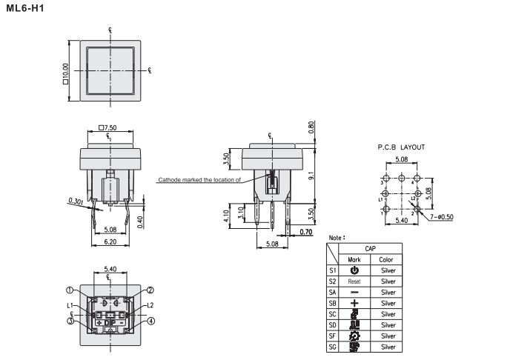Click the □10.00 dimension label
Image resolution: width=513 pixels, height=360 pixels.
coord(64,72)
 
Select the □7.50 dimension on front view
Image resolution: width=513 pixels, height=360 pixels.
coord(107,127)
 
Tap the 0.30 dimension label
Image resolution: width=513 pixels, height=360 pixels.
coord(75,201)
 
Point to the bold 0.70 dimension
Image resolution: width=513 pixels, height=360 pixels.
coord(306,233)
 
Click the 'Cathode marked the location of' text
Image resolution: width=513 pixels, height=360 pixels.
coord(199,180)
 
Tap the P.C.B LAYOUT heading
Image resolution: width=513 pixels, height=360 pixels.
coord(401,147)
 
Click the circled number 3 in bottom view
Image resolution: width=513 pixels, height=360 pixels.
coord(69,320)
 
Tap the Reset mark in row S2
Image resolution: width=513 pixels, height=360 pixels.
coord(354,282)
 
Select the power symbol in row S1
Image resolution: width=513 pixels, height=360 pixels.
coord(354,271)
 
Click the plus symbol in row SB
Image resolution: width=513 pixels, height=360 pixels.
coord(354,303)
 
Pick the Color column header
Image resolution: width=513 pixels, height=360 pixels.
coord(386,260)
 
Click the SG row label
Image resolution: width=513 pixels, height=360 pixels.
coord(332,346)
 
